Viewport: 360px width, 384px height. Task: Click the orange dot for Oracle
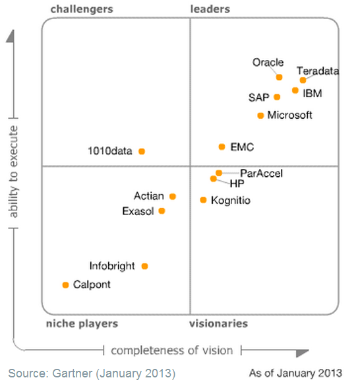click(279, 77)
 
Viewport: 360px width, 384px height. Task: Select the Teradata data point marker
click(303, 80)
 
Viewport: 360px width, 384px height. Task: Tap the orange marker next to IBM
click(295, 90)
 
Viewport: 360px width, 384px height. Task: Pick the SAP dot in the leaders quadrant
click(277, 97)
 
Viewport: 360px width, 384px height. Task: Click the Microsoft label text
click(289, 115)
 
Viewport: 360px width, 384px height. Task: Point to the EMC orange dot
click(222, 146)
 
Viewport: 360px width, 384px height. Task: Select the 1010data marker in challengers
click(141, 151)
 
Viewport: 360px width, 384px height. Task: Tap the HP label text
click(237, 183)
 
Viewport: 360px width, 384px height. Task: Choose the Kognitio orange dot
click(203, 200)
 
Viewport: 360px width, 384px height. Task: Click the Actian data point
click(173, 196)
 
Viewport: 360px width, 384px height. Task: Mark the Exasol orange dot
click(162, 211)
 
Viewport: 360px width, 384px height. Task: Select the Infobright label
click(112, 266)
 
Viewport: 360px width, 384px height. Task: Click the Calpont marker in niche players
click(65, 285)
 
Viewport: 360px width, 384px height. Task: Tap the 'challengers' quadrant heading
click(82, 9)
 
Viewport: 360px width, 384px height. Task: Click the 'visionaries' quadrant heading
click(219, 323)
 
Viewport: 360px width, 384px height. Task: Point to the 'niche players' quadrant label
click(82, 323)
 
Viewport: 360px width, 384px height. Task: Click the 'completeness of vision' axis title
click(172, 349)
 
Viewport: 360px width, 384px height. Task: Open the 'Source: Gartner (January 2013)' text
click(92, 373)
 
